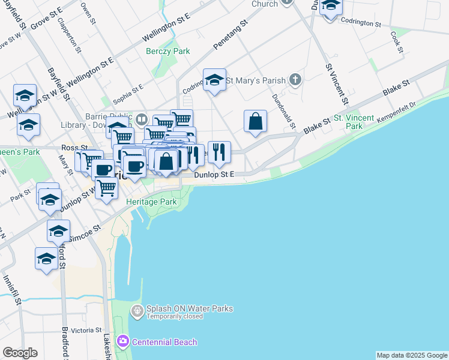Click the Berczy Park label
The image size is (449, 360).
(168, 51)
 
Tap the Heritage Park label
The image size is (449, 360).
(151, 202)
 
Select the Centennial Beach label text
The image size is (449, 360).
(164, 342)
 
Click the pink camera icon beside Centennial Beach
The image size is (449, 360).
(123, 341)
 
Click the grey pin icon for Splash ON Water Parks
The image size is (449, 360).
(137, 311)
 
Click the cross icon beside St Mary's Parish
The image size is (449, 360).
(295, 79)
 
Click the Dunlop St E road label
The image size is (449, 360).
(213, 175)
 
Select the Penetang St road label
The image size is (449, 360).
(231, 37)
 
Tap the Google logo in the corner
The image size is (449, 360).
(20, 353)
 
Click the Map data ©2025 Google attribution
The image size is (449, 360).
(412, 355)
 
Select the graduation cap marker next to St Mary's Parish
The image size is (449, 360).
(214, 81)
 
